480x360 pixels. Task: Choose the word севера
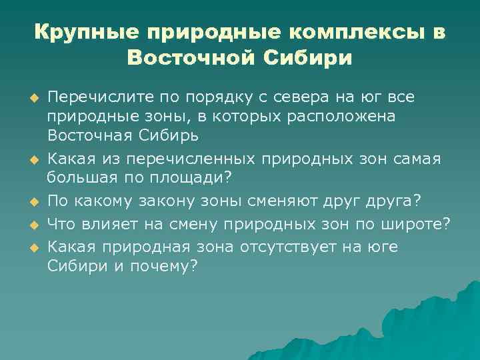pos(291,98)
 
